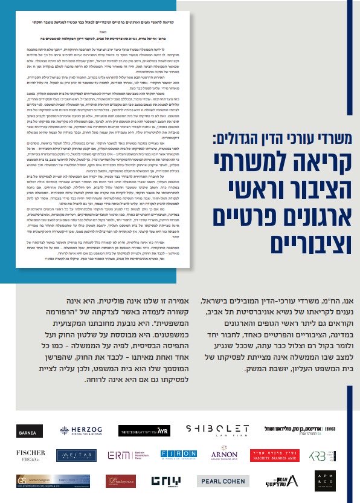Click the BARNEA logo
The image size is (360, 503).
30,430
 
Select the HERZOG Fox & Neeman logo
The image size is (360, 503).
80,430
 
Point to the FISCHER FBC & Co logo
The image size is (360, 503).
30,455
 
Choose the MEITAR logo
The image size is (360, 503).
76,455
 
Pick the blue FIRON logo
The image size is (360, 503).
178,455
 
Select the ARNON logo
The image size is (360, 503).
225,455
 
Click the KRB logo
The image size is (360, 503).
326,455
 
